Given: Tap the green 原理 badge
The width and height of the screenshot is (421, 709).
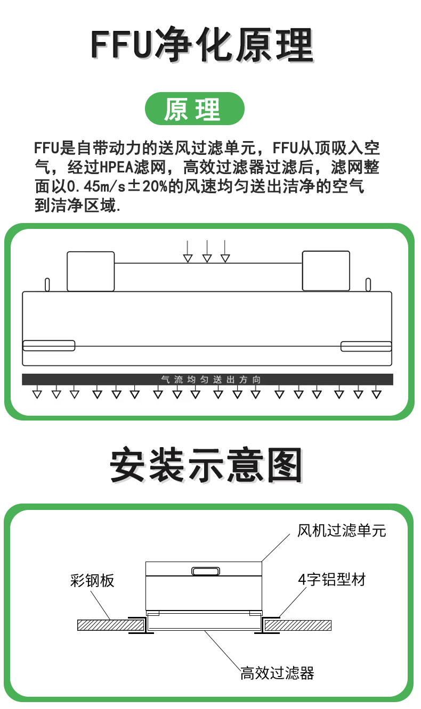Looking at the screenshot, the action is click(x=195, y=109).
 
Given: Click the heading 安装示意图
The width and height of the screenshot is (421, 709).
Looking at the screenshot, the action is click(x=206, y=466).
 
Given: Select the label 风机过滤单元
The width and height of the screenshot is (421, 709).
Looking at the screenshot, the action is click(x=342, y=531).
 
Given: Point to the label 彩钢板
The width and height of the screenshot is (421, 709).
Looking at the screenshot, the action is click(x=92, y=581).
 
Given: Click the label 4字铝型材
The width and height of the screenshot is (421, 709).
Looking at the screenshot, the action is click(x=332, y=580).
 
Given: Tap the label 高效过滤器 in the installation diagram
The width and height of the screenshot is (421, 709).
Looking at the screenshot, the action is click(x=277, y=673).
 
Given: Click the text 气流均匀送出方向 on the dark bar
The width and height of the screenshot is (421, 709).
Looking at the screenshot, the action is click(x=210, y=380).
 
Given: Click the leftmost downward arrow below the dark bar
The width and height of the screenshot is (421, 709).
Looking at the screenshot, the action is click(x=37, y=392).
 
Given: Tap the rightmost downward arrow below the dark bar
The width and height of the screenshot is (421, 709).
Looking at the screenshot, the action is click(x=376, y=392).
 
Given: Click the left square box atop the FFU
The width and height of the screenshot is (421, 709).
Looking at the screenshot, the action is click(x=91, y=271).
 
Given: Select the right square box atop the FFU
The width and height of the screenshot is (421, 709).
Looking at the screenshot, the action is click(x=326, y=271).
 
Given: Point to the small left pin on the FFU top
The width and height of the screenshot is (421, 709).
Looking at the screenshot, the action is click(x=47, y=284).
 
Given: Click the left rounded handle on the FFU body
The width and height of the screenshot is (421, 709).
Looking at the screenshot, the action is click(x=49, y=345).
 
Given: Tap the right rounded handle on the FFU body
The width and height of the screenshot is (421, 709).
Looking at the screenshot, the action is click(x=366, y=347).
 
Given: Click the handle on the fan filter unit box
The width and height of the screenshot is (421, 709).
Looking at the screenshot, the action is click(x=206, y=571).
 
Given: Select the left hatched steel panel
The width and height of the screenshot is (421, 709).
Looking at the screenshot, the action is click(x=110, y=625).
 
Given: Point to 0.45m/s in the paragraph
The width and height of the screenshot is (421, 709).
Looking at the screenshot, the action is click(x=96, y=187).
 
